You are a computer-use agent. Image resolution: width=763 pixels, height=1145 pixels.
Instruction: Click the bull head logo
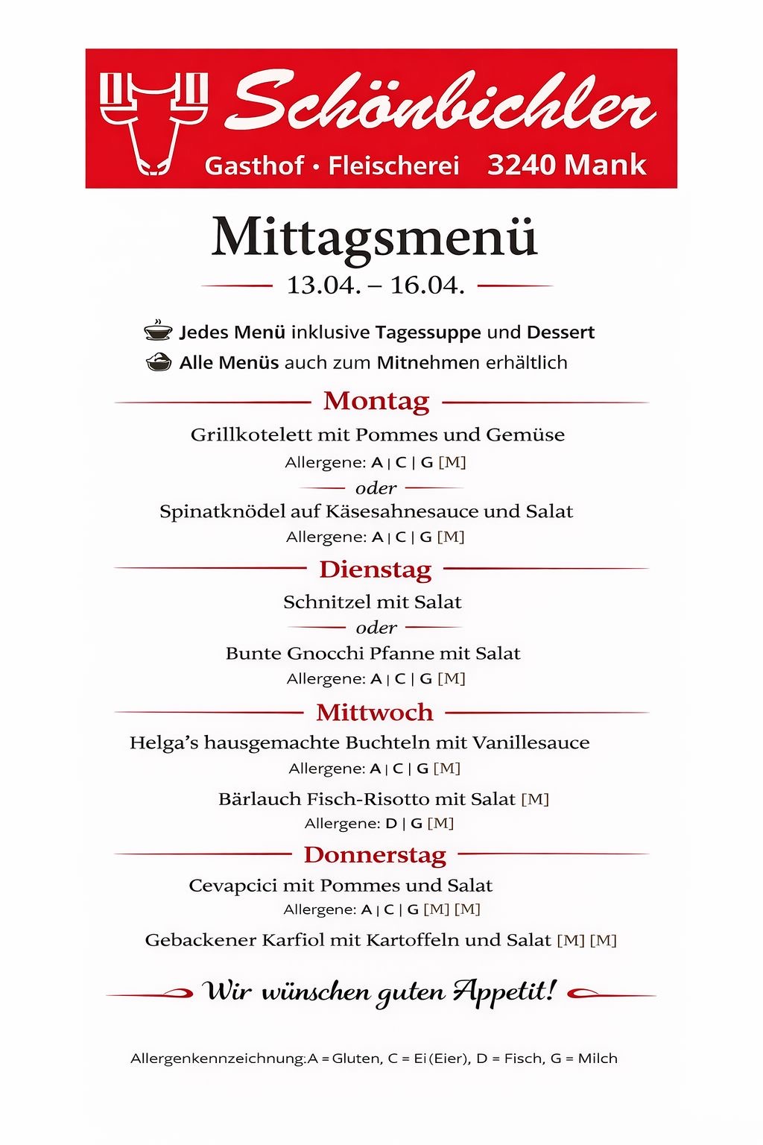click(x=153, y=122)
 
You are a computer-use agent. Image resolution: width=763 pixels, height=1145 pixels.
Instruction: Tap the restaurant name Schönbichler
click(x=444, y=103)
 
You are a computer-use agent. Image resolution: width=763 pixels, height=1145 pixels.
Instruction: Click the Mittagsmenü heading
click(x=374, y=239)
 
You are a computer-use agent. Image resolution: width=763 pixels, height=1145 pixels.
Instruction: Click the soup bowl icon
click(x=158, y=330)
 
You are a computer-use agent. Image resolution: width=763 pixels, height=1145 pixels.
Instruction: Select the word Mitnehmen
click(x=428, y=363)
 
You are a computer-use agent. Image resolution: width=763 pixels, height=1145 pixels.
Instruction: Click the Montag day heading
click(x=376, y=401)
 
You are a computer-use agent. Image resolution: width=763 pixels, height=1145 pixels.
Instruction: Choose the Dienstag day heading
click(x=376, y=570)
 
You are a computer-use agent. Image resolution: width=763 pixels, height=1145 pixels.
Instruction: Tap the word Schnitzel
click(x=319, y=602)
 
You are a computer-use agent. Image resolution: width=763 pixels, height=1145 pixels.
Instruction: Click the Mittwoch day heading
click(x=374, y=713)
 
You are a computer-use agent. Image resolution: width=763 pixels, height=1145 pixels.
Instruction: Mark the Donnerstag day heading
click(x=375, y=855)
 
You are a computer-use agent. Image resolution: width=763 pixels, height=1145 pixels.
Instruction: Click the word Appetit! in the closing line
click(x=505, y=991)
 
